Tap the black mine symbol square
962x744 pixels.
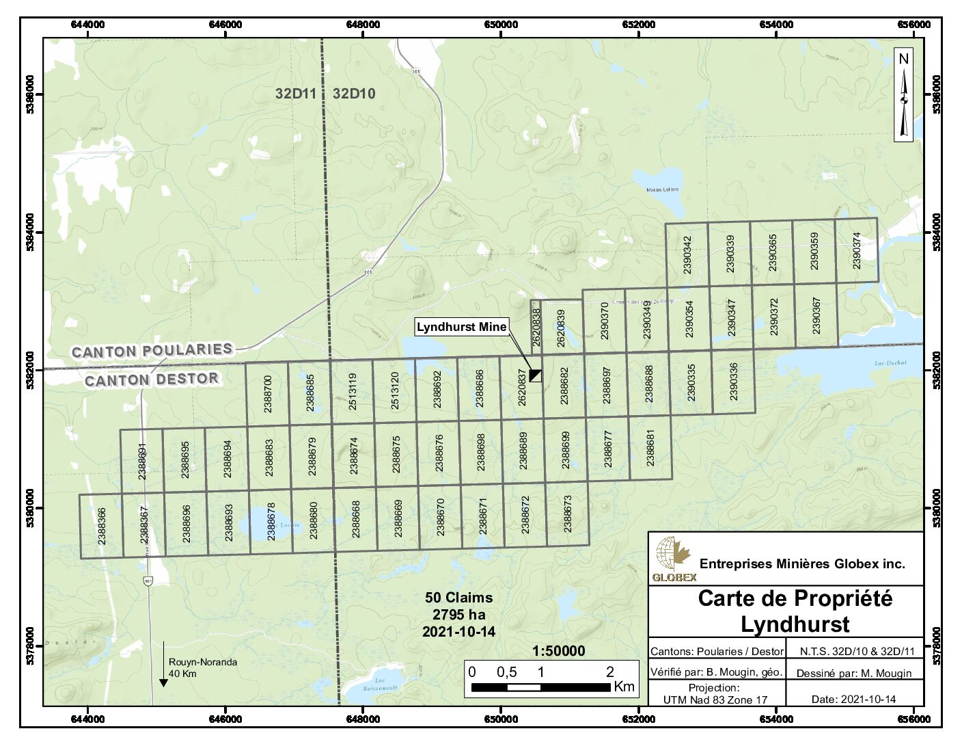pyautogui.click(x=536, y=375)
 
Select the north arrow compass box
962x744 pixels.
pyautogui.click(x=903, y=94)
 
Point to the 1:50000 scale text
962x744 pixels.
pyautogui.click(x=558, y=651)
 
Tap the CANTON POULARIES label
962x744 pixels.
pyautogui.click(x=152, y=351)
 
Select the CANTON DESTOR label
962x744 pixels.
pyautogui.click(x=152, y=380)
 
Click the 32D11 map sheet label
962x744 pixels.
pyautogui.click(x=296, y=94)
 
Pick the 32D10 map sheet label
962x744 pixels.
pyautogui.click(x=354, y=94)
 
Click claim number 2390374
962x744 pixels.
pyautogui.click(x=857, y=250)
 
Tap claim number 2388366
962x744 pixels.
pyautogui.click(x=101, y=525)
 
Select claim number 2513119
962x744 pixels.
pyautogui.click(x=353, y=390)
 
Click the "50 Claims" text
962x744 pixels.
pyautogui.click(x=458, y=597)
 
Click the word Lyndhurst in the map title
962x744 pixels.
pyautogui.click(x=795, y=624)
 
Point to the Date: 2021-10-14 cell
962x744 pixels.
pyautogui.click(x=853, y=699)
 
